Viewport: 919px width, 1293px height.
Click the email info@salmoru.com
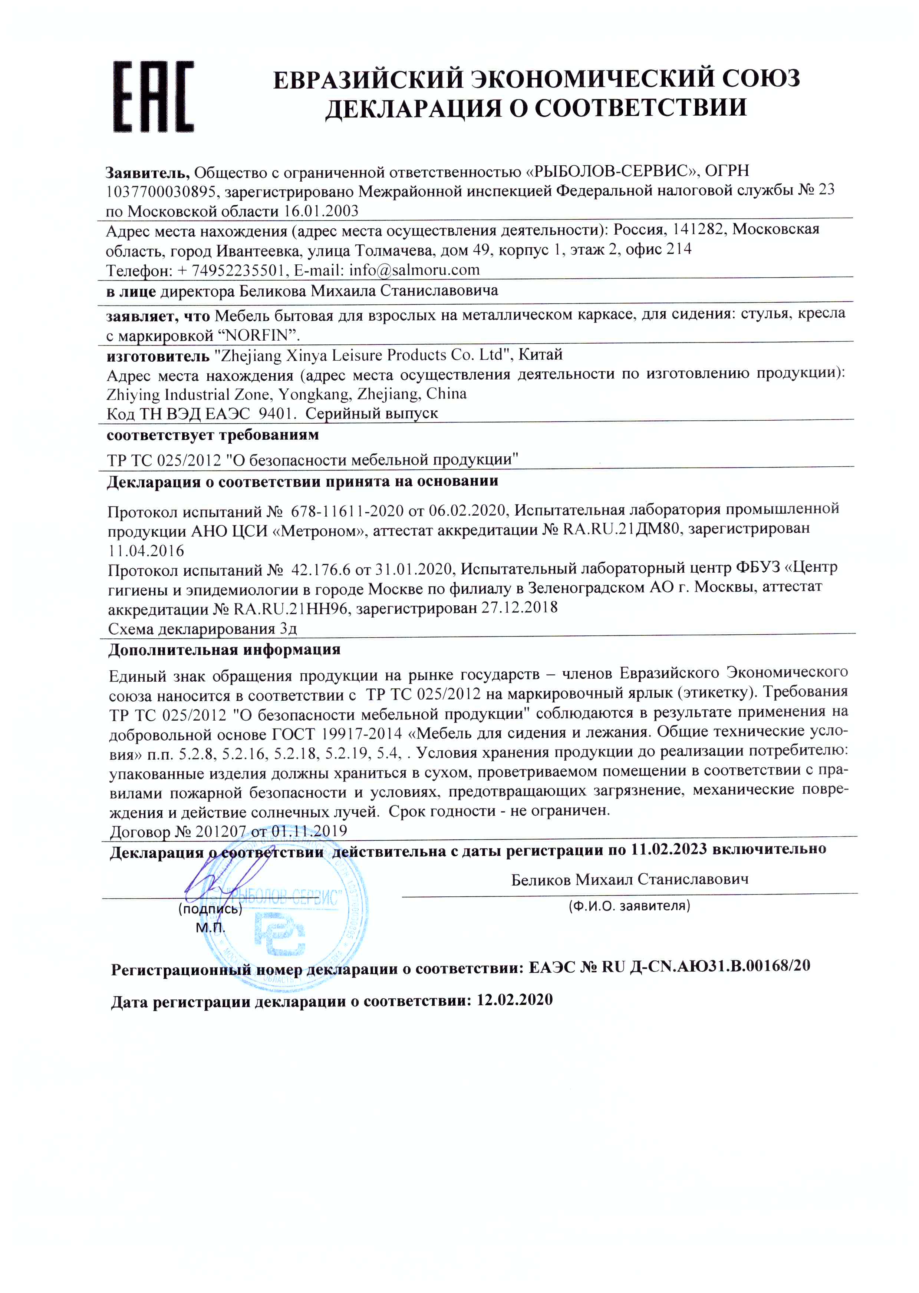(x=414, y=270)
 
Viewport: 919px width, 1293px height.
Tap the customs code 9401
(x=275, y=413)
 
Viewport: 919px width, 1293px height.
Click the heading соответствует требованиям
(x=213, y=435)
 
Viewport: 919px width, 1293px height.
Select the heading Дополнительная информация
(x=224, y=649)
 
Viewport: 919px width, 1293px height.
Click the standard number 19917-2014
(x=361, y=733)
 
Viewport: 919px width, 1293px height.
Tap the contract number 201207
(x=220, y=831)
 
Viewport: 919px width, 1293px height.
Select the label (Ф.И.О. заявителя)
(x=629, y=906)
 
